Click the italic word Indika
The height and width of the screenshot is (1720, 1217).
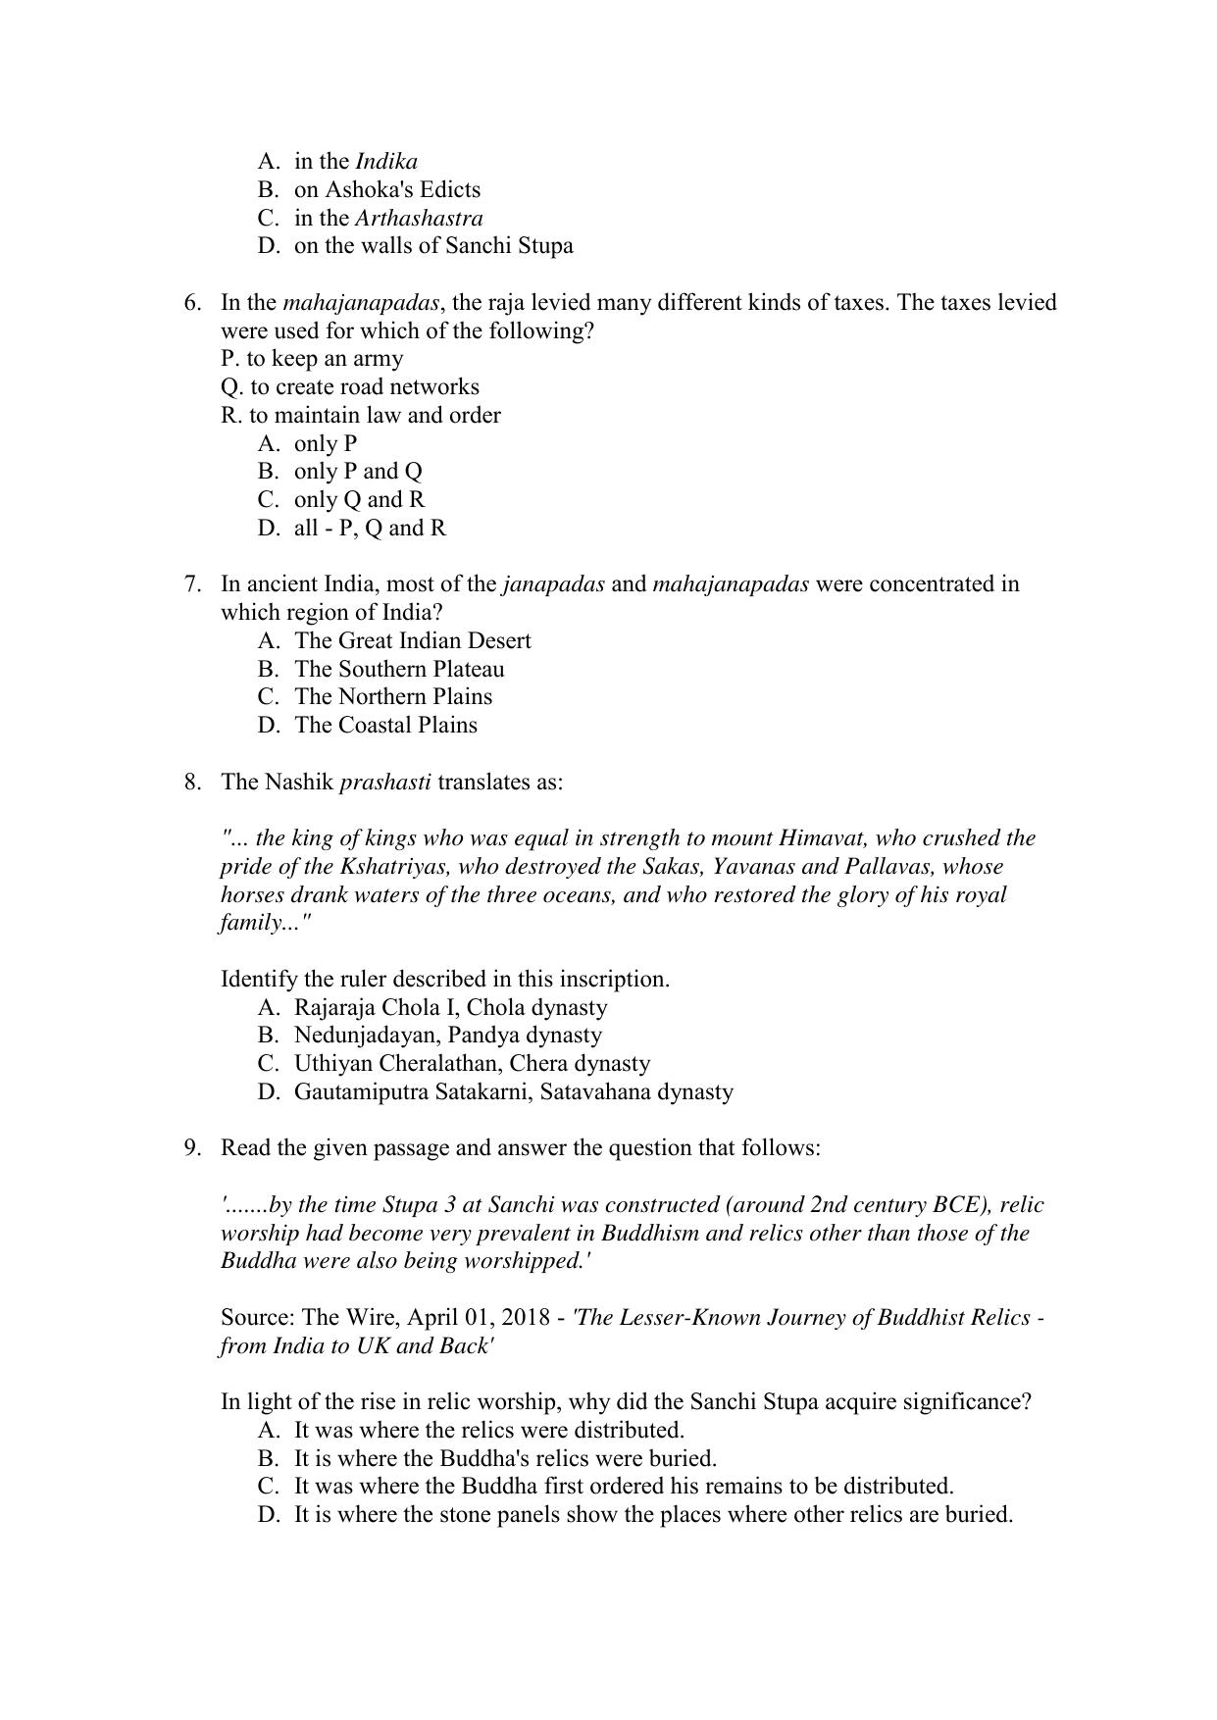(385, 162)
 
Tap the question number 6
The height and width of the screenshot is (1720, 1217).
(192, 302)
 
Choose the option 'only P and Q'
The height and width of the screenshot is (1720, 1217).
(358, 472)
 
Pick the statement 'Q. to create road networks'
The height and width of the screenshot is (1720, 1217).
(350, 386)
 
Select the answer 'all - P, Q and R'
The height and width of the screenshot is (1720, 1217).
(370, 529)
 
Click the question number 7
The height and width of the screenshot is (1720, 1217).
(192, 584)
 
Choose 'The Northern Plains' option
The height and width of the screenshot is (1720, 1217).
(393, 697)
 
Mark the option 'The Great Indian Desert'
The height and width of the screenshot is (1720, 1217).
(412, 641)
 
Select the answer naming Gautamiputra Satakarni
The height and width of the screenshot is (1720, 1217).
(513, 1091)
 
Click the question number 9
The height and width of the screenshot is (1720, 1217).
(192, 1148)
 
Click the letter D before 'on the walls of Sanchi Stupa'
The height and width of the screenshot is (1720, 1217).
(269, 246)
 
